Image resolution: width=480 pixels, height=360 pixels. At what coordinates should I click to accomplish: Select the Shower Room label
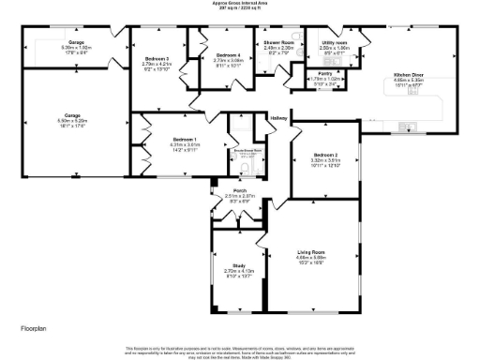click(278, 43)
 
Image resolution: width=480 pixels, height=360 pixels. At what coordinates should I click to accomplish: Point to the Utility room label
click(335, 42)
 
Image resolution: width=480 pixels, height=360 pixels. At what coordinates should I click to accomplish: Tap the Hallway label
click(278, 118)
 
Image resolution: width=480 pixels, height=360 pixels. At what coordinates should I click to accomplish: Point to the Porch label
click(240, 190)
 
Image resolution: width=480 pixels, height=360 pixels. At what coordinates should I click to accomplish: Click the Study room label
click(239, 265)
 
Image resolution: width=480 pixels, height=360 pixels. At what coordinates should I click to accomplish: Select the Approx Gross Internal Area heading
click(240, 4)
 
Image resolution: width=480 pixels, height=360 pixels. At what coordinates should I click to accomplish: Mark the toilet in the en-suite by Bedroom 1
click(244, 168)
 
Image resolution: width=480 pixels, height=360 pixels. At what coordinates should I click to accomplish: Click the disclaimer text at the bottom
click(240, 349)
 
